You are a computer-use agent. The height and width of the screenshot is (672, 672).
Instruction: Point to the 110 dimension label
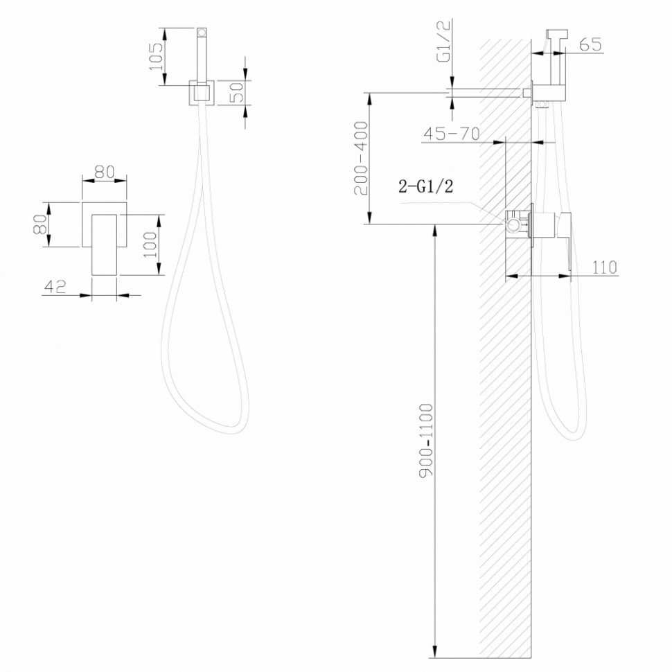(605, 267)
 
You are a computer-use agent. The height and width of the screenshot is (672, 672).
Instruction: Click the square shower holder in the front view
(202, 94)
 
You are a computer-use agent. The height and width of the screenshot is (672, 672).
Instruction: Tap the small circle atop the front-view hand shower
(202, 32)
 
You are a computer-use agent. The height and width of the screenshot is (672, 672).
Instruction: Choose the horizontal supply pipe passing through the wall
(488, 91)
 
